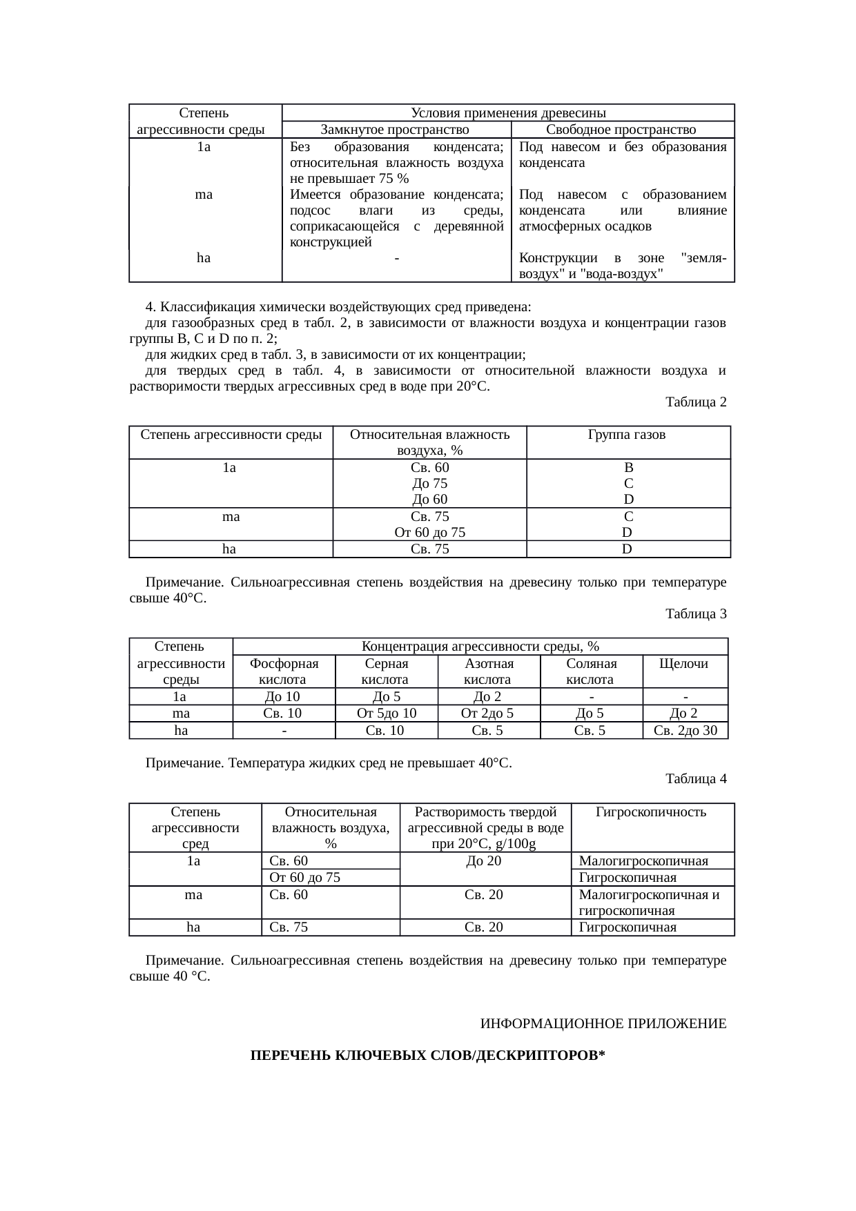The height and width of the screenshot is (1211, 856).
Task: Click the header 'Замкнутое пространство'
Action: [395, 130]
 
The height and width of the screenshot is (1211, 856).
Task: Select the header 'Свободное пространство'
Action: [621, 130]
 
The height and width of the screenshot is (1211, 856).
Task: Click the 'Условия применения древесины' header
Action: [508, 112]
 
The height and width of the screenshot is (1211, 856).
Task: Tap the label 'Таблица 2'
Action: [695, 402]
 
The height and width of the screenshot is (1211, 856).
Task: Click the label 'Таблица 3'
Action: [695, 613]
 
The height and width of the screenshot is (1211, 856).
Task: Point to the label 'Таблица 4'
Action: [695, 779]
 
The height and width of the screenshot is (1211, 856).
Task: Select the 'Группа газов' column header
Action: [627, 435]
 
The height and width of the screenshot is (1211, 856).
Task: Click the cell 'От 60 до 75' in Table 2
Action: [429, 532]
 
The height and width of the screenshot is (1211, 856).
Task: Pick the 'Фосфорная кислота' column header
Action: [284, 671]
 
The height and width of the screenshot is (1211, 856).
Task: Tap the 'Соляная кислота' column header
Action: [591, 671]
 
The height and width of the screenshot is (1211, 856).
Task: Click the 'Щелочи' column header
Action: [684, 663]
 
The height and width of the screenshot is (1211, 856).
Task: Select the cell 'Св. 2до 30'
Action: [685, 730]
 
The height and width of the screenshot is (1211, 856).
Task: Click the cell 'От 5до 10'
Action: [386, 713]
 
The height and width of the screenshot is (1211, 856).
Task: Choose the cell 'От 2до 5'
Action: [488, 713]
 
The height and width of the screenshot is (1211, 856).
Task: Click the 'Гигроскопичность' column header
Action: [651, 811]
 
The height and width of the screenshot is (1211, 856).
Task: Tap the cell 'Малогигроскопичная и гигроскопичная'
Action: [650, 903]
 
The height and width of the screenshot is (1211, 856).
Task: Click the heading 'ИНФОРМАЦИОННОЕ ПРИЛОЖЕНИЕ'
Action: [603, 1023]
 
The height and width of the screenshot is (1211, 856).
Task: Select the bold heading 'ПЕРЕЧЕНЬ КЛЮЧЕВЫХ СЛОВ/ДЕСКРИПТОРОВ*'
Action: [427, 1056]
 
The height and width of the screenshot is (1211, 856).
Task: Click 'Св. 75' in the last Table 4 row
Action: [289, 927]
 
